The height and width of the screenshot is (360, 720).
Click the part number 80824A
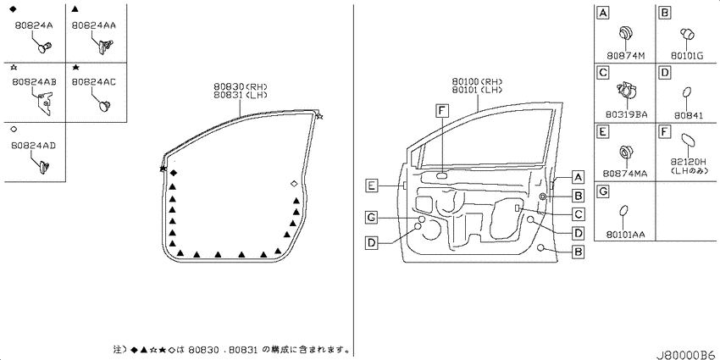(34, 25)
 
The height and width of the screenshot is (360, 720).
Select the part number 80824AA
(94, 25)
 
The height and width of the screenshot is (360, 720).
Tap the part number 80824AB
(35, 81)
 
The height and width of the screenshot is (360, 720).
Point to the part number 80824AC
(94, 81)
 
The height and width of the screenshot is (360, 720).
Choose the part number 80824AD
(35, 146)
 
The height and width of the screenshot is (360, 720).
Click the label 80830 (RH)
(241, 86)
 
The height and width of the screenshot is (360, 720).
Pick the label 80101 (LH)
(476, 90)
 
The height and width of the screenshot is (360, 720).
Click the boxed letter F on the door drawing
(441, 110)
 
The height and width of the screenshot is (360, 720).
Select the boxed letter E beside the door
(373, 186)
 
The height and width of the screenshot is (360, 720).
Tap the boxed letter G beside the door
(372, 217)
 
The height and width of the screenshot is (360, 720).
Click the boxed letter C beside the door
(579, 214)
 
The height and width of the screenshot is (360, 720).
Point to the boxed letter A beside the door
(578, 177)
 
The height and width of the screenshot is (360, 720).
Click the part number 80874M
(625, 56)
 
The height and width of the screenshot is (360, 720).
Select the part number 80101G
(686, 56)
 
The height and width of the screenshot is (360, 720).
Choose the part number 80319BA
(625, 115)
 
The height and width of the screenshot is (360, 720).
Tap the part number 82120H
(688, 161)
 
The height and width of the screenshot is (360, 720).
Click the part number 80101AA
(625, 234)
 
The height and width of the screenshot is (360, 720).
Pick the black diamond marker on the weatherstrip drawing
(173, 173)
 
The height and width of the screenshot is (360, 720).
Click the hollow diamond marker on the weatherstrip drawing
(294, 184)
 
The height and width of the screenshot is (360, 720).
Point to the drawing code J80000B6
(687, 355)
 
